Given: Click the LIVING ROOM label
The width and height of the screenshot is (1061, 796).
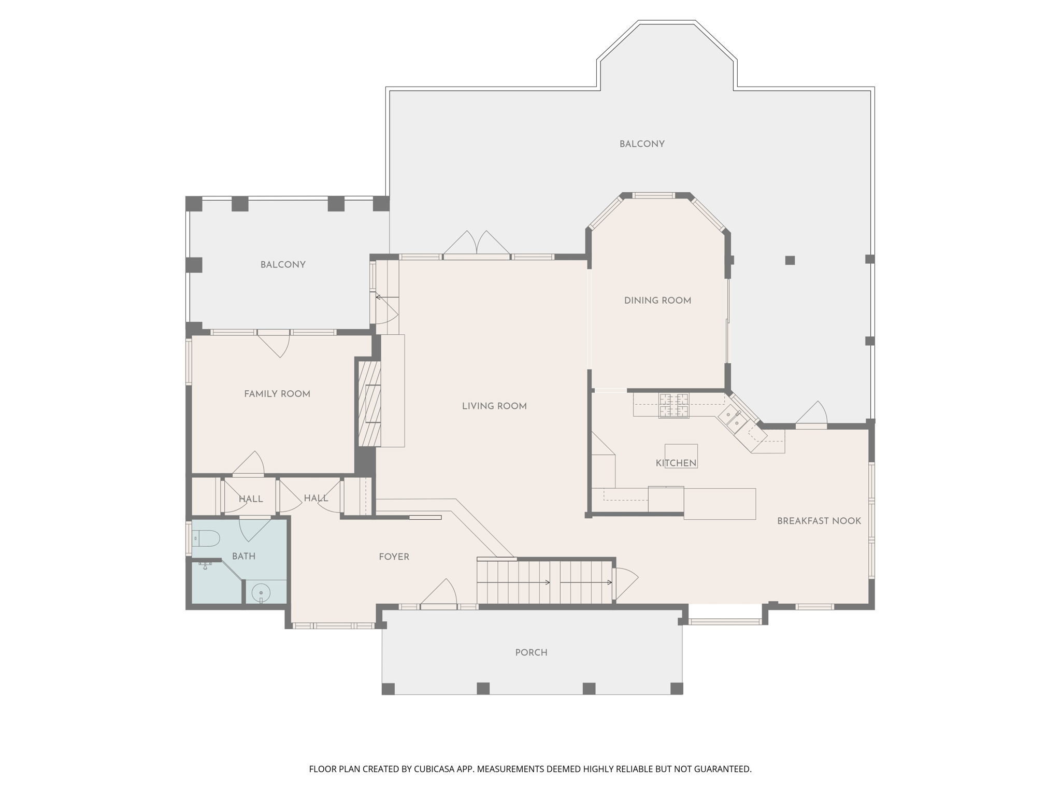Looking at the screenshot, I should [x=494, y=406].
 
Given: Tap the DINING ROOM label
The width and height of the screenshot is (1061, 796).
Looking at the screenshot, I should [x=657, y=301].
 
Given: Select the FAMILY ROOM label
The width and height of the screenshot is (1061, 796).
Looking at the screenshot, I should [x=277, y=394].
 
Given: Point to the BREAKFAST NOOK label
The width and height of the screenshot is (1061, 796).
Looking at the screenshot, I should [x=819, y=521].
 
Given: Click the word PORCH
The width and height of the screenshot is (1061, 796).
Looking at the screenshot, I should [x=531, y=652].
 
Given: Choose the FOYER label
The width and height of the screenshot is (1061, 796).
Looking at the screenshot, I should [x=394, y=557].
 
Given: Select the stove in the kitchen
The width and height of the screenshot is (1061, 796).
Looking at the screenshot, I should [x=673, y=405].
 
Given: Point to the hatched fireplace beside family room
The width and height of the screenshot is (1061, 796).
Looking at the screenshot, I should [x=370, y=404].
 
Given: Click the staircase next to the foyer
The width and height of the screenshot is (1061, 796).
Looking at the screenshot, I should [x=544, y=581].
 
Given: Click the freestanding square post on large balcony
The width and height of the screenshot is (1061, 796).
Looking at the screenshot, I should [x=790, y=260].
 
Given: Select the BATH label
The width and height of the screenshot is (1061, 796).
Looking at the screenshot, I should [x=243, y=556].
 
